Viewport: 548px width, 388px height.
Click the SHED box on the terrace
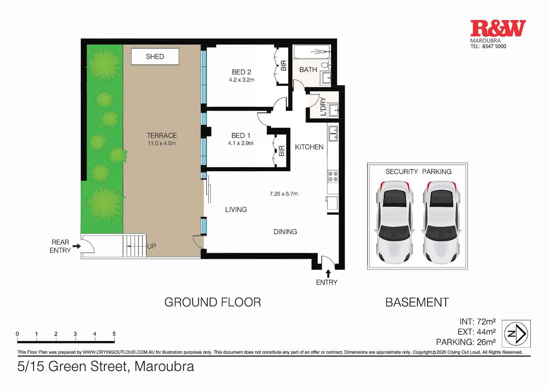click(155, 57)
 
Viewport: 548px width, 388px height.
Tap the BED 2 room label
click(241, 72)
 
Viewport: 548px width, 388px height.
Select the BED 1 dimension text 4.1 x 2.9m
click(241, 143)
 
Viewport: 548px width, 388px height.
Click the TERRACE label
click(162, 136)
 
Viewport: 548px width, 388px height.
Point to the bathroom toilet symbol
click(325, 65)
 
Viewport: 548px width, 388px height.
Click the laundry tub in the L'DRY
click(334, 110)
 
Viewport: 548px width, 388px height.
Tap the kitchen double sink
click(333, 133)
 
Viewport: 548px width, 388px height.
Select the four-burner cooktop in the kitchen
click(333, 176)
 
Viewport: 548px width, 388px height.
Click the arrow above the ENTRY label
click(328, 274)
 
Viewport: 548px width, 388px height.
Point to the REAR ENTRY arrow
click(77, 246)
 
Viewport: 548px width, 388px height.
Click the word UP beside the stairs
click(152, 246)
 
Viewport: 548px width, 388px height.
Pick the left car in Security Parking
click(395, 222)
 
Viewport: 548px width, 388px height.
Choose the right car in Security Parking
click(441, 222)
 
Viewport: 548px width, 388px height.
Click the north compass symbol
click(516, 334)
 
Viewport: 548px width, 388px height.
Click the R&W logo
click(498, 28)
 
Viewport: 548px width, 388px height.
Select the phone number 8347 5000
click(494, 46)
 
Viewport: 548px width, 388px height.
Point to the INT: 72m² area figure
click(478, 321)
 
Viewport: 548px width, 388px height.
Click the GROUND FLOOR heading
click(213, 302)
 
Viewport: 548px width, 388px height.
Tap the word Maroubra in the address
click(164, 367)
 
